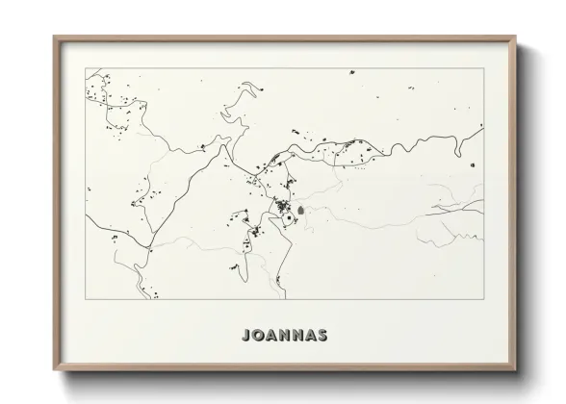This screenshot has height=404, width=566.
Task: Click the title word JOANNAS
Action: click(x=284, y=336)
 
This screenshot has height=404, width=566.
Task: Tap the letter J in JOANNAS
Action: click(x=244, y=336)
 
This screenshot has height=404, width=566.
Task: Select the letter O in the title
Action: click(x=257, y=336)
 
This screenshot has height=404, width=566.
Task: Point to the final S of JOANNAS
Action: click(x=322, y=336)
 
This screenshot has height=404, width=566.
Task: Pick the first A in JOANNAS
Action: click(x=270, y=336)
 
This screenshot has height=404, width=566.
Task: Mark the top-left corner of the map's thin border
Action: click(x=86, y=68)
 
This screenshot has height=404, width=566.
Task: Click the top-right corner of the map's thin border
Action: click(x=484, y=68)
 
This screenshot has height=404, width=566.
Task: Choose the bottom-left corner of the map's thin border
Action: click(x=86, y=299)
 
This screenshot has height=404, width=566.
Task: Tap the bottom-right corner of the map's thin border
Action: click(x=484, y=299)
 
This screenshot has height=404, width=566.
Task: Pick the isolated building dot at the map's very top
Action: click(x=351, y=72)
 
